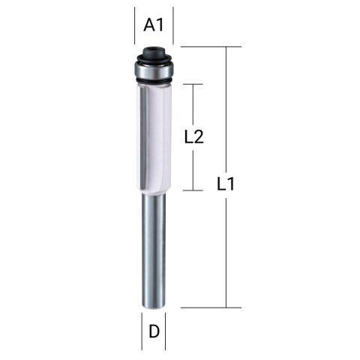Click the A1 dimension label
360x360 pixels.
click(154, 25)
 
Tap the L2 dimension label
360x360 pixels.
click(195, 136)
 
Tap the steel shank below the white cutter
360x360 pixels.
click(154, 247)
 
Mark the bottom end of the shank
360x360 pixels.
click(154, 304)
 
